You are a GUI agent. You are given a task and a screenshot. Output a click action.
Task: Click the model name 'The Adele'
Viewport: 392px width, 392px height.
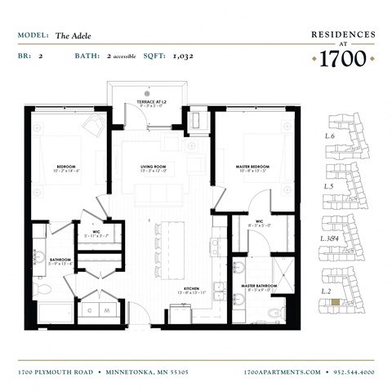pos(73,36)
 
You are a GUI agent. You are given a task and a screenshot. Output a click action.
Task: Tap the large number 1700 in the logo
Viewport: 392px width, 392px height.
pos(343,59)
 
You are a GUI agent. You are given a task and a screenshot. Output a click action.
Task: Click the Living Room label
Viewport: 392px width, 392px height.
pos(154,166)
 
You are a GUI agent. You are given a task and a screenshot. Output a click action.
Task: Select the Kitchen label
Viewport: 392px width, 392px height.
pos(191,288)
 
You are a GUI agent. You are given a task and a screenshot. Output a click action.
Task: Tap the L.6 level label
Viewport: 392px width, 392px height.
pos(330,135)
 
